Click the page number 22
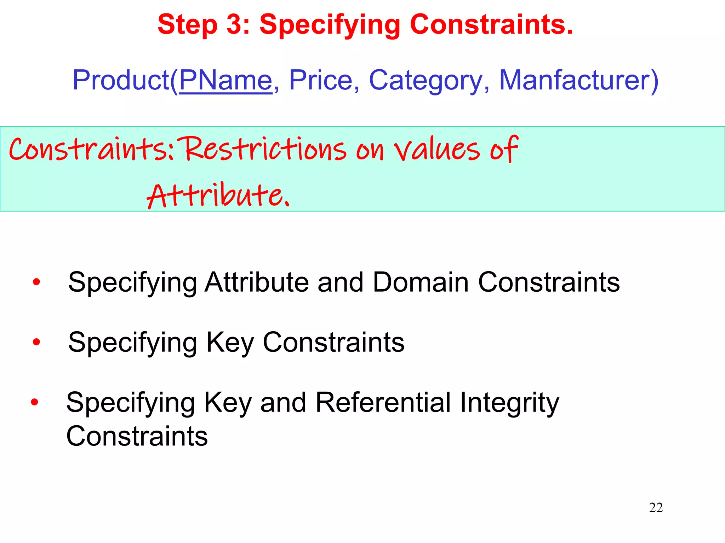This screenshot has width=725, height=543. pos(656,508)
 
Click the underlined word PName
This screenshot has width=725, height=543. pos(226,81)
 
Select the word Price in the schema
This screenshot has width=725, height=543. pos(320,81)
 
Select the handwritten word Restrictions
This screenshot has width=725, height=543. pos(265,149)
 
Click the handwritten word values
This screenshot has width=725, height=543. pos(437,150)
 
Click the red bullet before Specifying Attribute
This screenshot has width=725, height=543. pos(36,282)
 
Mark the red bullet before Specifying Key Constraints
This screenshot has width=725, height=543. pos(36,342)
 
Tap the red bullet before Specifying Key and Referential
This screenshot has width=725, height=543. pos(34,402)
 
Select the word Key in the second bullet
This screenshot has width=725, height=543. pos(230,343)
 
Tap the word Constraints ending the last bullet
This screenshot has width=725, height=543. pos(137,436)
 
